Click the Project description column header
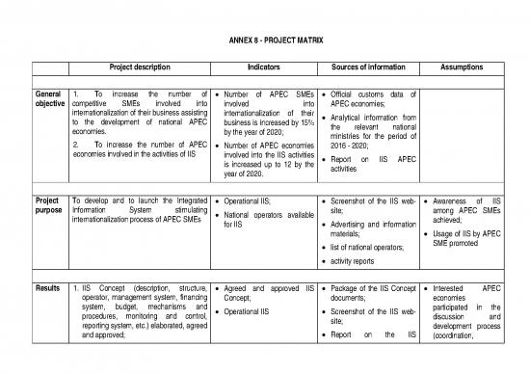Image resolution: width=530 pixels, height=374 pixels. tap(140, 67)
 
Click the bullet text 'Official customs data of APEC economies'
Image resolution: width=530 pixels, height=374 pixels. tap(371, 99)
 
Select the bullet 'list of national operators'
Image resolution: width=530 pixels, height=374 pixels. tap(368, 247)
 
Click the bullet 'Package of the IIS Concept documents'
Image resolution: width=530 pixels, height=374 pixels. tap(371, 293)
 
